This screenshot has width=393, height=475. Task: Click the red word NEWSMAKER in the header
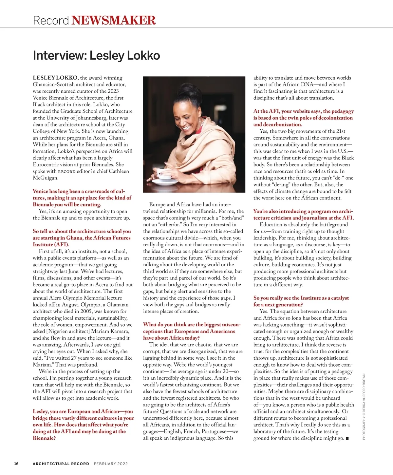pyautogui.click(x=113, y=20)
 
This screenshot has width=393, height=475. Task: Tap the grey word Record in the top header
pyautogui.click(x=51, y=20)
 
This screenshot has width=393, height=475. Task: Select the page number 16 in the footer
pyautogui.click(x=16, y=464)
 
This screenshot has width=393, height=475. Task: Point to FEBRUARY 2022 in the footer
pyautogui.click(x=111, y=464)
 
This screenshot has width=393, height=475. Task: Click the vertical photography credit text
pyautogui.click(x=364, y=407)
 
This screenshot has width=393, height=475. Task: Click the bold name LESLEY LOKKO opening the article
pyautogui.click(x=55, y=78)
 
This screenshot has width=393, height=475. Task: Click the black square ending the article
pyautogui.click(x=347, y=438)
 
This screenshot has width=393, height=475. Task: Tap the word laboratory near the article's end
pyautogui.click(x=267, y=431)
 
